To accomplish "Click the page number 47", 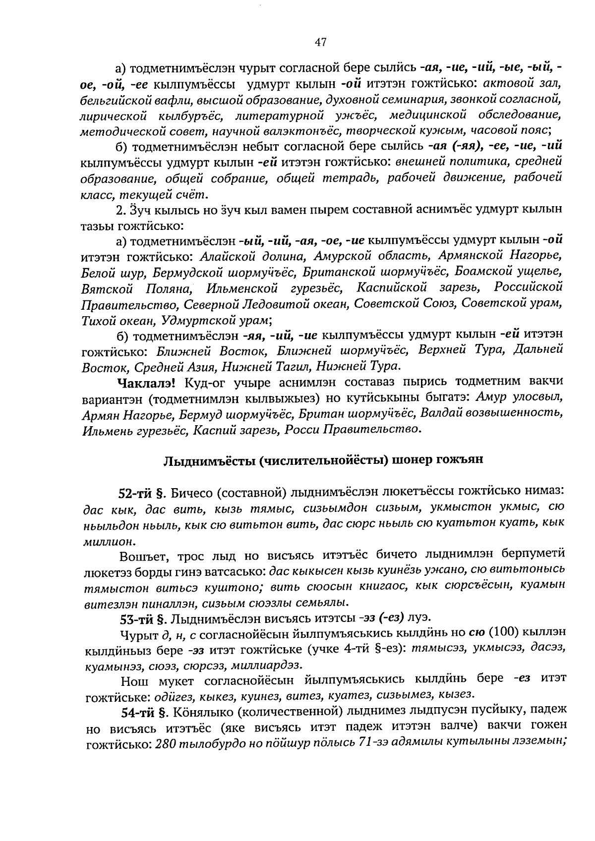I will (x=320, y=43).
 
